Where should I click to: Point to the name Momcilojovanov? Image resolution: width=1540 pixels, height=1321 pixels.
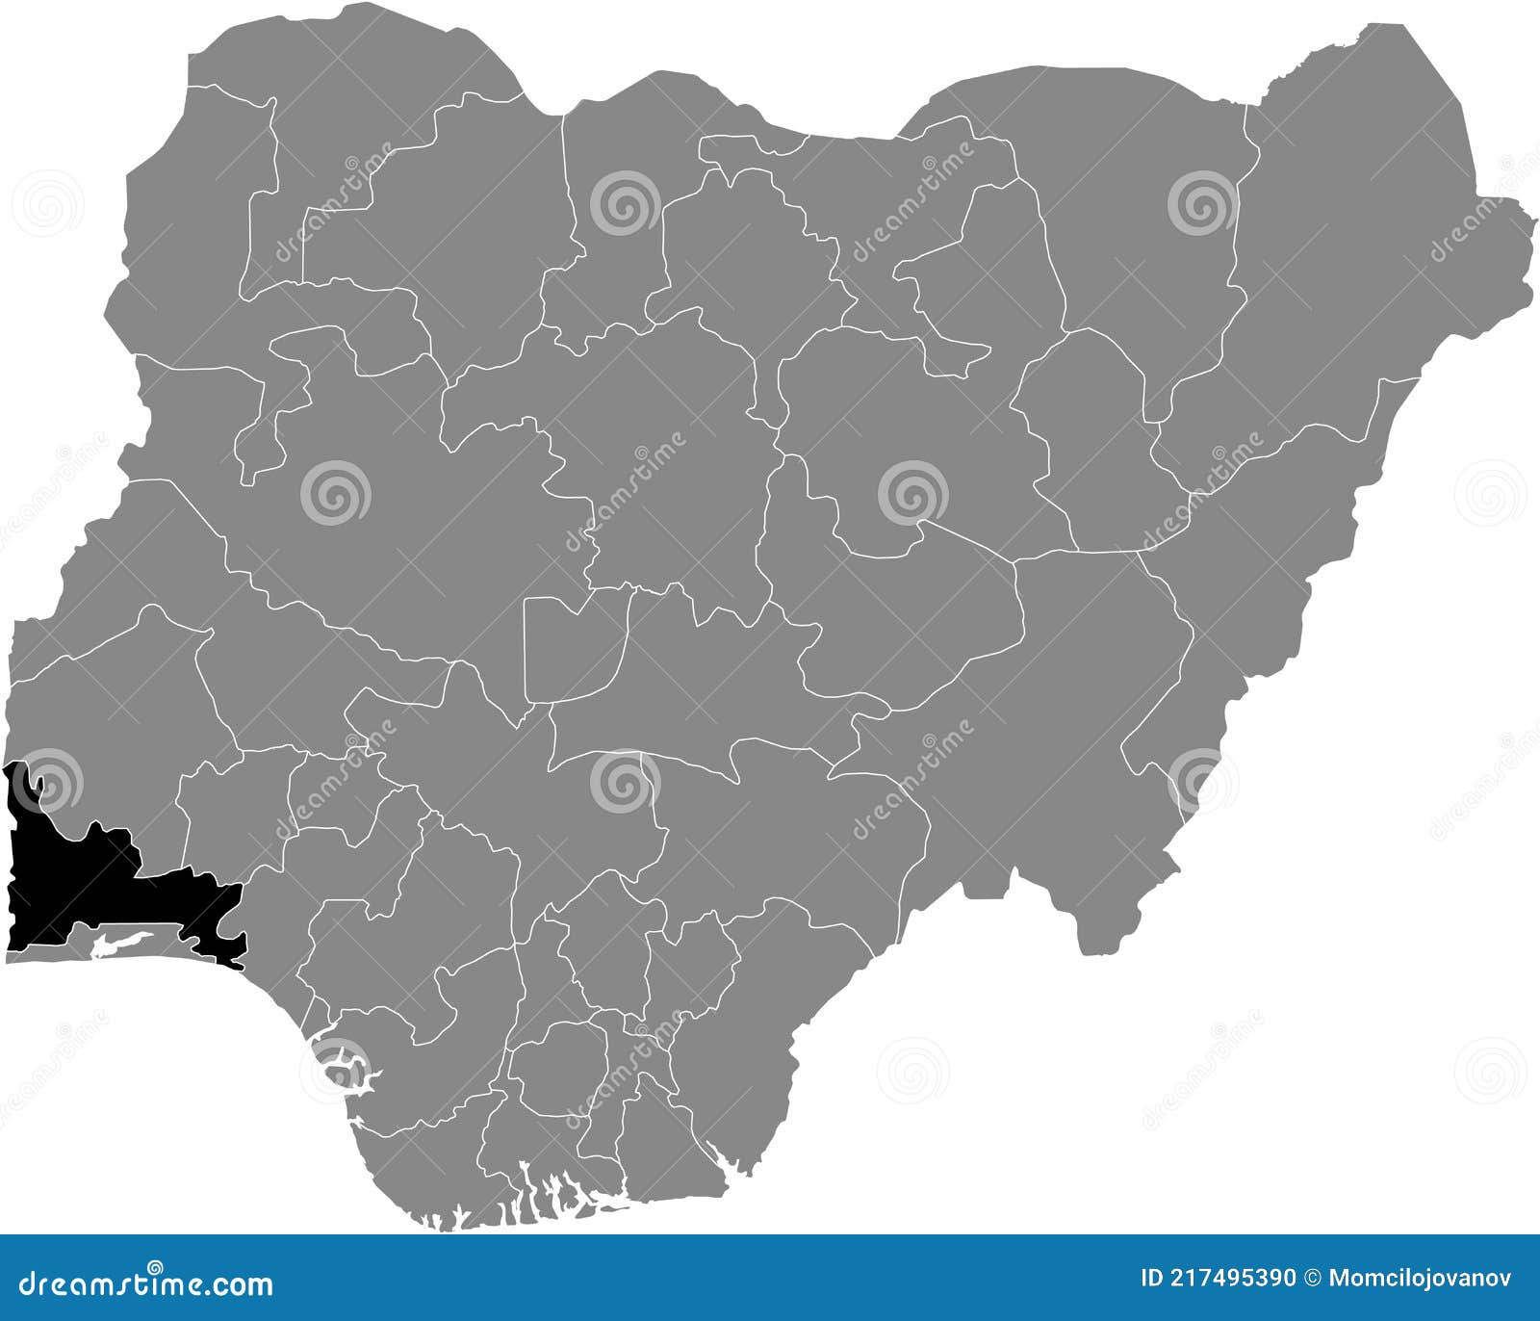pyautogui.click(x=1421, y=1279)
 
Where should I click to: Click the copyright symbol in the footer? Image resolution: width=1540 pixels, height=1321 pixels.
pyautogui.click(x=1312, y=1279)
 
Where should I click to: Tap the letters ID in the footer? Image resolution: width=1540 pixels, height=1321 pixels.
pyautogui.click(x=1152, y=1279)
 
